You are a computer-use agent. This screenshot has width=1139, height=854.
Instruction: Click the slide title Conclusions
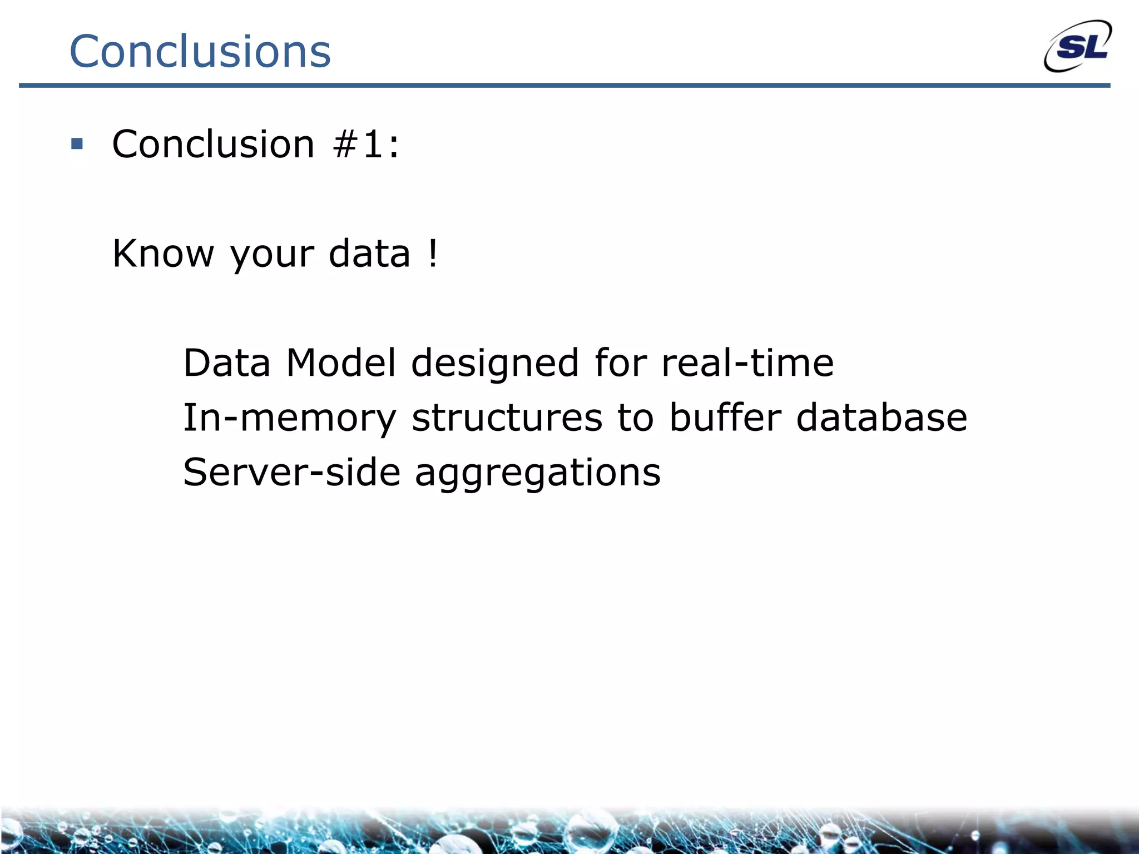(200, 51)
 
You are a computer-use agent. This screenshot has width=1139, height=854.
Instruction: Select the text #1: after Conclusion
(365, 144)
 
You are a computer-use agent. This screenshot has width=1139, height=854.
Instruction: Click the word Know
(163, 254)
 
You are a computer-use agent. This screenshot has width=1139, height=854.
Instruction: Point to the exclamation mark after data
(433, 253)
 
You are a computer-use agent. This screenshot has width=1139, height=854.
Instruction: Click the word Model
(341, 363)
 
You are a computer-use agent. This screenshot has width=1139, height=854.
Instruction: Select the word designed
(495, 363)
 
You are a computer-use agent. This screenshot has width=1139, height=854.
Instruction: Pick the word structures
(507, 418)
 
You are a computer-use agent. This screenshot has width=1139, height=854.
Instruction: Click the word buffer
(725, 418)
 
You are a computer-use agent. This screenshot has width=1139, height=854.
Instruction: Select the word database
(882, 418)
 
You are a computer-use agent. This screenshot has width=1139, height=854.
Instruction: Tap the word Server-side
(291, 472)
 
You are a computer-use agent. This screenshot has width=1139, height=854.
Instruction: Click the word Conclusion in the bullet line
(214, 144)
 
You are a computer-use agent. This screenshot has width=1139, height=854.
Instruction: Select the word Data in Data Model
(226, 363)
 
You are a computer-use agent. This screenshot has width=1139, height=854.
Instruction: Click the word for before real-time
(620, 363)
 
